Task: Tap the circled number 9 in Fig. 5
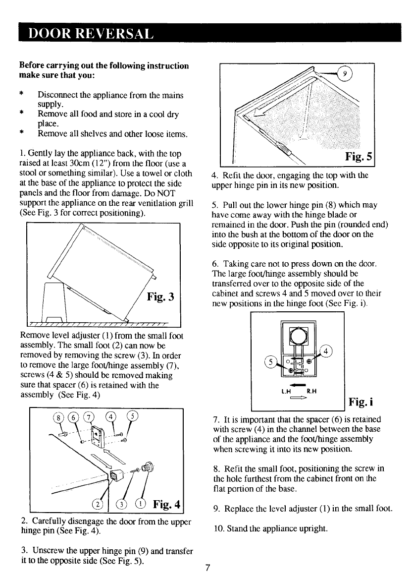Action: tap(347, 74)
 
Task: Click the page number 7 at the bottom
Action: tap(208, 568)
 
